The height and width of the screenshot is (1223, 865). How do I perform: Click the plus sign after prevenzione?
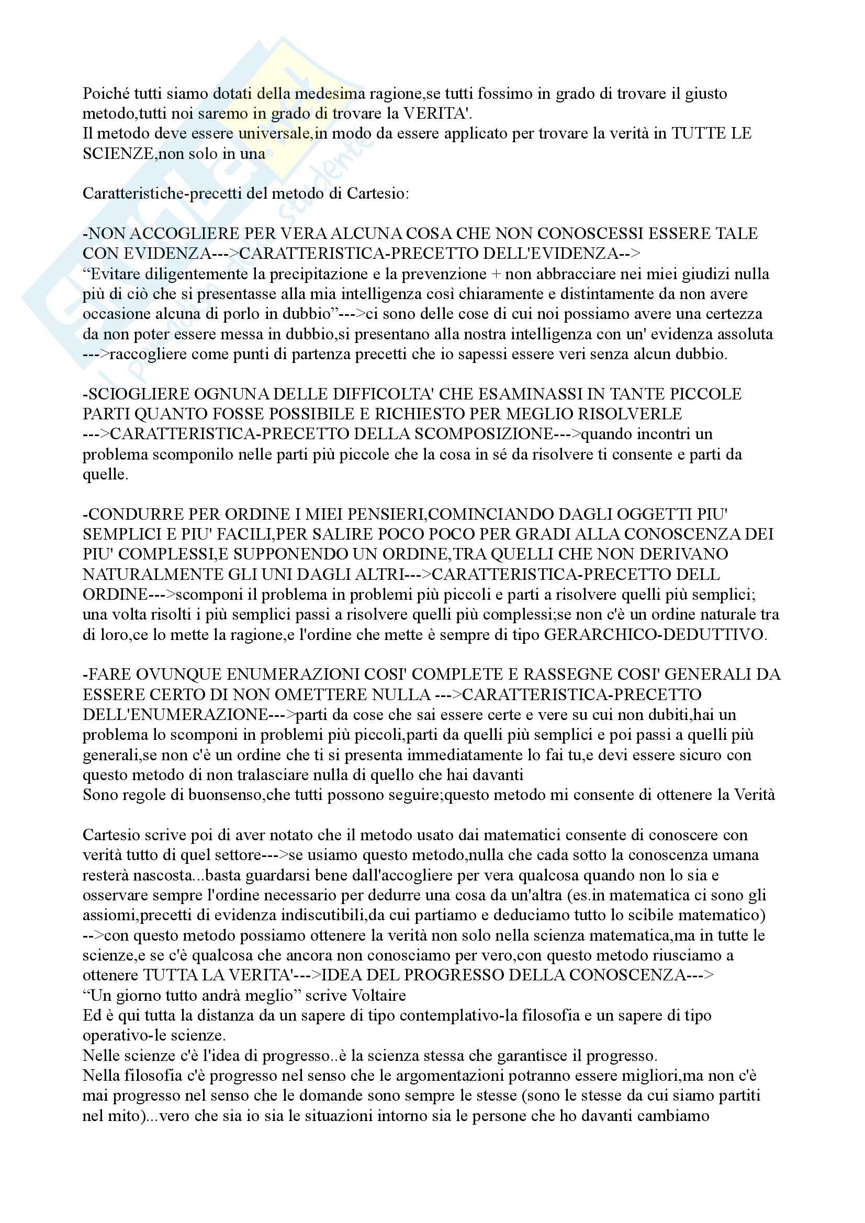(x=496, y=275)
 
